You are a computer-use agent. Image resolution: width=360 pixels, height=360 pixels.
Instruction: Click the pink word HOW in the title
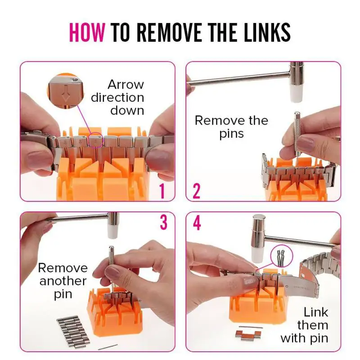click(x=87, y=32)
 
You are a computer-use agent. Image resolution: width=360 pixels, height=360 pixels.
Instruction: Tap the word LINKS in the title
click(x=267, y=32)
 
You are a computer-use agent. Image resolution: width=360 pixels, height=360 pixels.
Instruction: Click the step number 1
click(x=162, y=191)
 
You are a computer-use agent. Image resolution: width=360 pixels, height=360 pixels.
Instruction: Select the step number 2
click(x=197, y=191)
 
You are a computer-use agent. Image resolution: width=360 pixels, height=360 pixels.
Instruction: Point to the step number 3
click(x=163, y=222)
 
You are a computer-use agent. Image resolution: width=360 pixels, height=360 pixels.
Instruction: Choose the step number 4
click(x=197, y=223)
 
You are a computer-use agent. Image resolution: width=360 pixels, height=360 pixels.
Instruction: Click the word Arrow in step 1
click(x=126, y=85)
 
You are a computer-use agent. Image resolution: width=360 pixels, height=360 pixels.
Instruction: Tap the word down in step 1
click(x=127, y=110)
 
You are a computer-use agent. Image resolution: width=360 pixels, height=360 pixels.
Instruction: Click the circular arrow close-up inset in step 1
click(x=66, y=91)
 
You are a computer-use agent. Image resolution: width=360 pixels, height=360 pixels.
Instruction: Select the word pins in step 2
click(x=231, y=134)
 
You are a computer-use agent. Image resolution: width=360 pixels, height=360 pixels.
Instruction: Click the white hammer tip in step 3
click(x=113, y=232)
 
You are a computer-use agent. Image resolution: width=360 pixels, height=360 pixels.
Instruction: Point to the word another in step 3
click(x=63, y=281)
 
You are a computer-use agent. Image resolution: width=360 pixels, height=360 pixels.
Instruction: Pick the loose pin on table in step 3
click(x=108, y=347)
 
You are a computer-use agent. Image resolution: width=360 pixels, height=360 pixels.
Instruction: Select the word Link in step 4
click(x=316, y=312)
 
